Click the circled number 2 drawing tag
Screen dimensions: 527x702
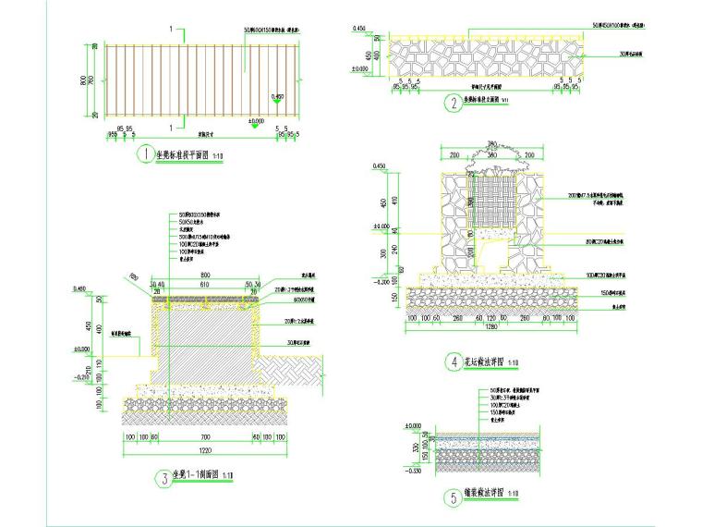[x=453, y=104]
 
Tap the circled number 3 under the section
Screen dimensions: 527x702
[x=164, y=478]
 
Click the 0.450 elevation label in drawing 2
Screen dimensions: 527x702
[x=358, y=30]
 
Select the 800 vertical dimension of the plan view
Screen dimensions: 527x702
[x=84, y=80]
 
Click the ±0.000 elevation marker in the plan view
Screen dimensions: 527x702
[x=256, y=121]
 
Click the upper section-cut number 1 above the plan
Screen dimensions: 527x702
[x=171, y=30]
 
